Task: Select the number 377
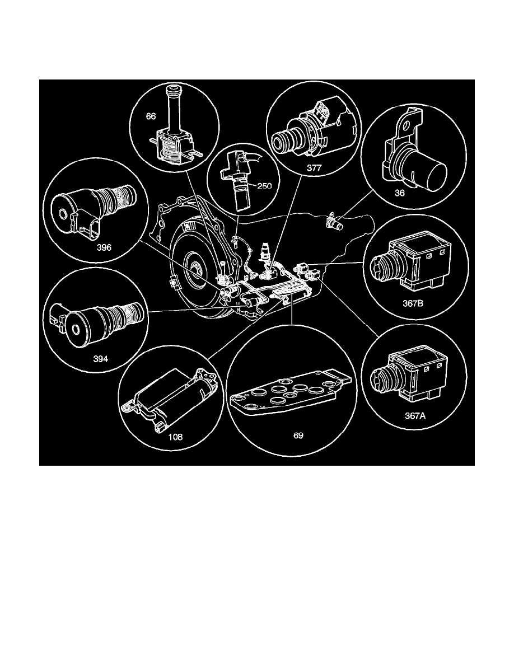point(306,166)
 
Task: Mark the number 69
point(297,435)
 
